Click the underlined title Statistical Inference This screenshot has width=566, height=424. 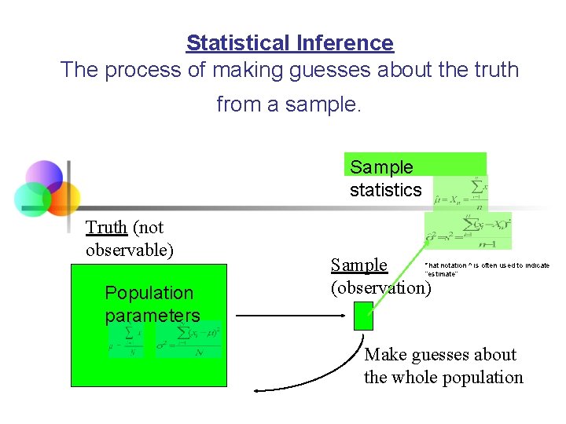pyautogui.click(x=289, y=42)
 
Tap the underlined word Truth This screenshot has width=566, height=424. pyautogui.click(x=106, y=228)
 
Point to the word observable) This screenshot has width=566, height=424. pyautogui.click(x=129, y=250)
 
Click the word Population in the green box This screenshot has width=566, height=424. pyautogui.click(x=149, y=293)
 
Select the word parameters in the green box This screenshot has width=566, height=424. pyautogui.click(x=153, y=316)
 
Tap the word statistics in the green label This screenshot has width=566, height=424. pyautogui.click(x=385, y=190)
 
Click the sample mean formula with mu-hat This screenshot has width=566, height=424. pyautogui.click(x=460, y=195)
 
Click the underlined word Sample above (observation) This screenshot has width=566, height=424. pyautogui.click(x=358, y=265)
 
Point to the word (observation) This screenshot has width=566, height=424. pyautogui.click(x=380, y=287)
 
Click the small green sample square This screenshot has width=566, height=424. pyautogui.click(x=363, y=316)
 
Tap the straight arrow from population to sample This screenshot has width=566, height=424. pyautogui.click(x=291, y=316)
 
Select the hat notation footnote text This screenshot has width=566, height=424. pyautogui.click(x=486, y=269)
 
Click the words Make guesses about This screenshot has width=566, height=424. pyautogui.click(x=440, y=355)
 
